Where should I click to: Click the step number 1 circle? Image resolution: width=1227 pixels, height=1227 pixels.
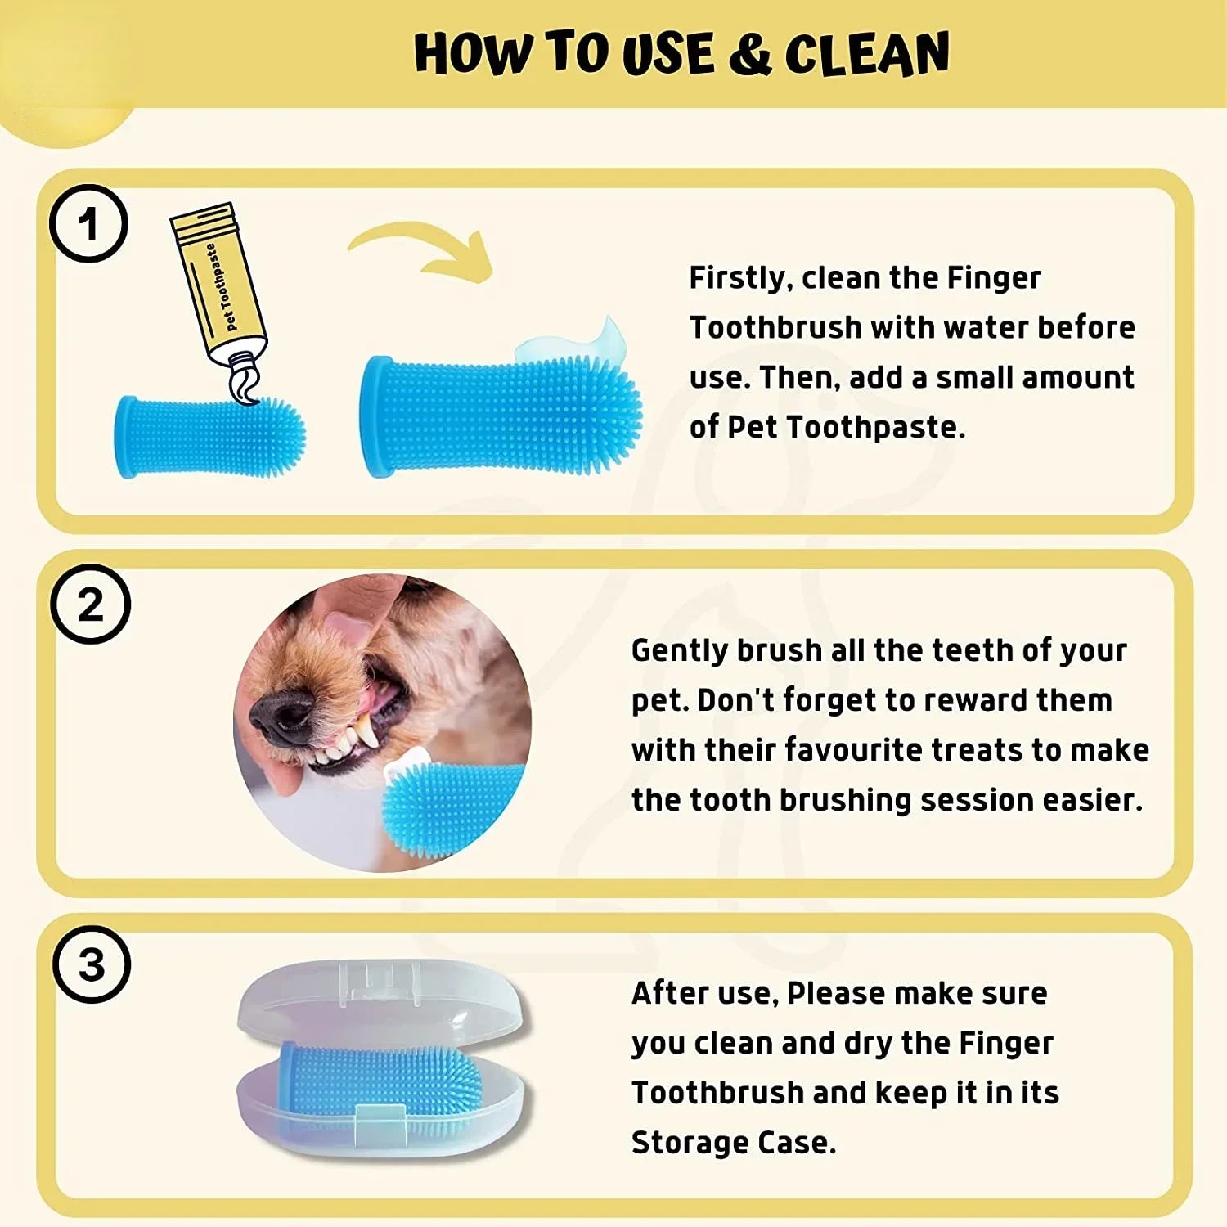(88, 223)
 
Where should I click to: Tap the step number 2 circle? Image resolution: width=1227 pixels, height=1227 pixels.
(90, 605)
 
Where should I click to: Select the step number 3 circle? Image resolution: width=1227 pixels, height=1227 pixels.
(92, 964)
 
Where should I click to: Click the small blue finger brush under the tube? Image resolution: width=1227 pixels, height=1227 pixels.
(209, 437)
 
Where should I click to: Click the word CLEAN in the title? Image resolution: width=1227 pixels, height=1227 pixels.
(867, 55)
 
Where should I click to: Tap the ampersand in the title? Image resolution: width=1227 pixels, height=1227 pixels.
(748, 55)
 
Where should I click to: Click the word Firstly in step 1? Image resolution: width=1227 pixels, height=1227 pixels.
(739, 279)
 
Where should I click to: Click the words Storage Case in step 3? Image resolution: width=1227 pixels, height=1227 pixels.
(733, 1143)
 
